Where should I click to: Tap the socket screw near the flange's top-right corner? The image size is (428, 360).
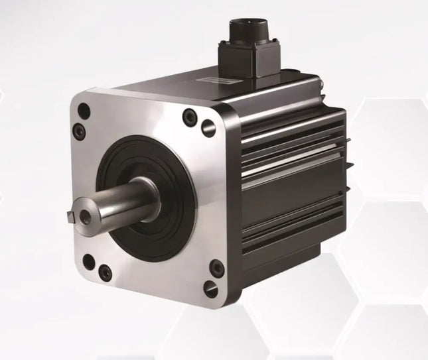click(x=191, y=117)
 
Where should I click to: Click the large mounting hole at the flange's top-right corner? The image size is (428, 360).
click(x=208, y=127)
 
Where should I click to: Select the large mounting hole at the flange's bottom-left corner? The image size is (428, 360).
click(x=88, y=262)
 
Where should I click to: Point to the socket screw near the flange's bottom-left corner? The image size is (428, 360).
click(x=105, y=271)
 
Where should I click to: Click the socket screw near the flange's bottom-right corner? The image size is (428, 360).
click(x=216, y=268)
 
